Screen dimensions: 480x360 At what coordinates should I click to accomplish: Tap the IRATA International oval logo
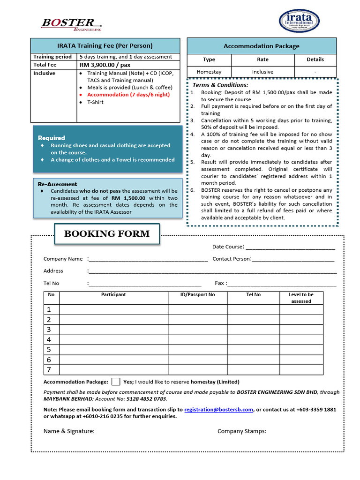299,21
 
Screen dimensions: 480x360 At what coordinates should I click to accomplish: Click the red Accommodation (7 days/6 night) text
128,95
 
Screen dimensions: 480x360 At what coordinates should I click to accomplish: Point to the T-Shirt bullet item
95,102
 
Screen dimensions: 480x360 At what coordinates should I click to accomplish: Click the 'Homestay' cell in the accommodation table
209,72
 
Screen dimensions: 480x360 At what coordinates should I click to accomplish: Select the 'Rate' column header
262,60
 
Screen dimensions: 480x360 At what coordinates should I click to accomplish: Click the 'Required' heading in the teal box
52,138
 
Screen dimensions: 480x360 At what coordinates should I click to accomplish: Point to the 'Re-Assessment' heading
57,184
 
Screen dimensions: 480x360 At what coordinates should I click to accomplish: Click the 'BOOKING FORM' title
107,234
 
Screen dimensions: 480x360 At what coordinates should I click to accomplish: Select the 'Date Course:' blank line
290,247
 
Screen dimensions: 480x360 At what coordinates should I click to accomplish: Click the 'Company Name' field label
63,259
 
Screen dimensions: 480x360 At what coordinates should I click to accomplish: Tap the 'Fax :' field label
221,283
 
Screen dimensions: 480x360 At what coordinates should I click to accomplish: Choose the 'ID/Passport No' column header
197,295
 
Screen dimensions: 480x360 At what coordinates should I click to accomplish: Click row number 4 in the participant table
49,340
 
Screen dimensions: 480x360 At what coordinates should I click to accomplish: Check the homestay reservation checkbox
116,382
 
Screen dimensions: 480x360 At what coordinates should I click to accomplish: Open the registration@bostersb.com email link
218,409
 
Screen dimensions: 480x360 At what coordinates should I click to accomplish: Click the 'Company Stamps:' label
241,431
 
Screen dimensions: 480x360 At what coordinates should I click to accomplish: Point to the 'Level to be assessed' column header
301,298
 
